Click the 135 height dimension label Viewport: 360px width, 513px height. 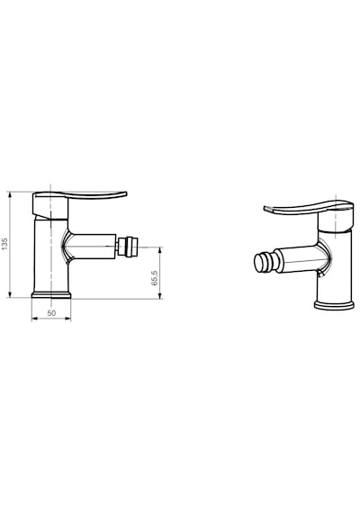point(4,244)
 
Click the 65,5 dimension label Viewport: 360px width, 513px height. point(155,278)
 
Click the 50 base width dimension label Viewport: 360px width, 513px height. point(51,313)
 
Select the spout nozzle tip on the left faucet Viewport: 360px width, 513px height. point(125,247)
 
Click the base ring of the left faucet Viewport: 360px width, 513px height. point(51,295)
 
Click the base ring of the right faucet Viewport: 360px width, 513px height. point(334,305)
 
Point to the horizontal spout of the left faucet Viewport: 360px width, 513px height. point(93,247)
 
